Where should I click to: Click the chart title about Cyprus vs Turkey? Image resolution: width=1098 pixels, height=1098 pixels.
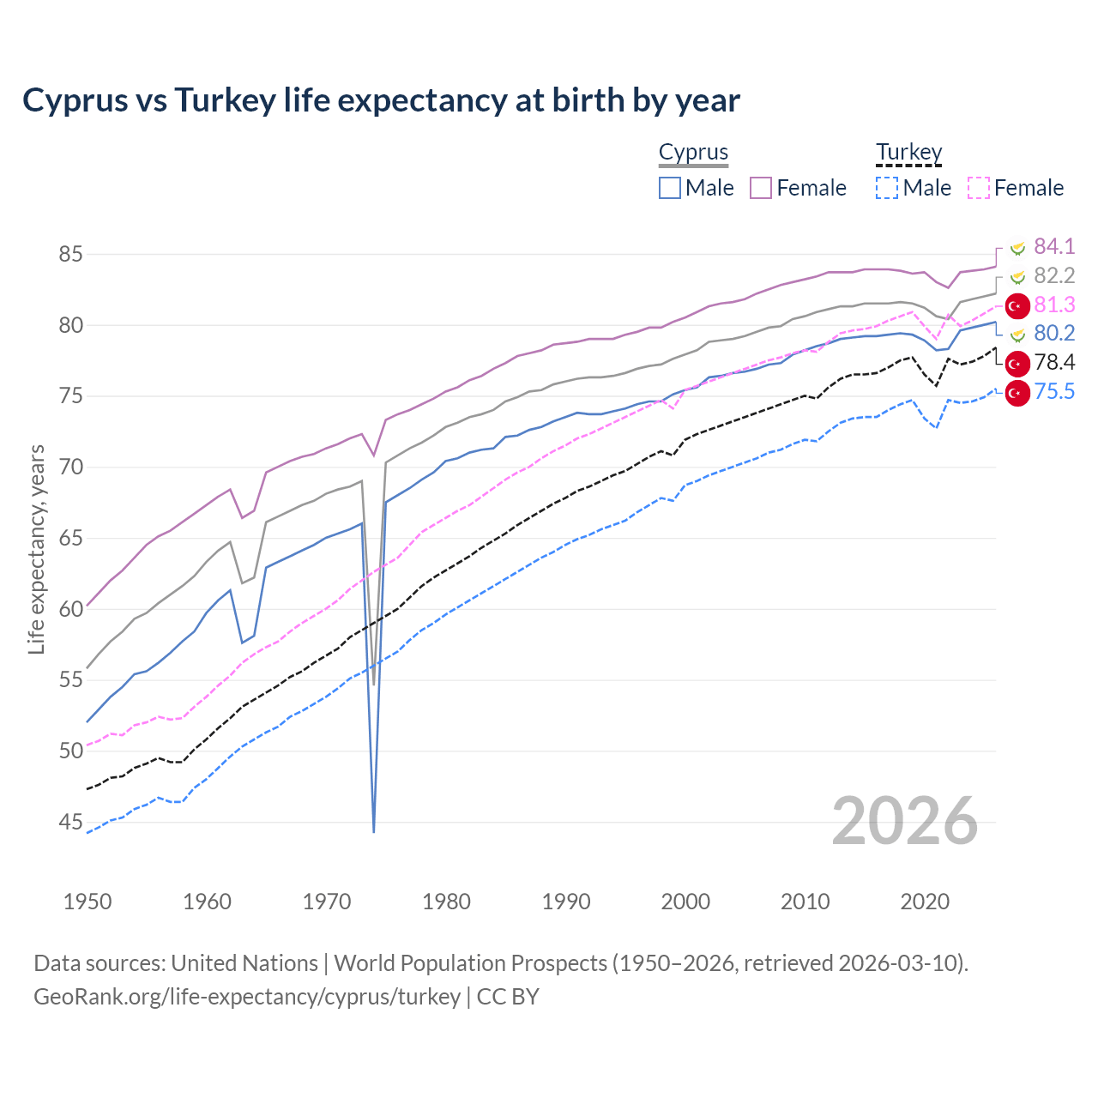pyautogui.click(x=381, y=100)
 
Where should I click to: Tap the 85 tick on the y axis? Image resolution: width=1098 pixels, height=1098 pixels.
pyautogui.click(x=70, y=255)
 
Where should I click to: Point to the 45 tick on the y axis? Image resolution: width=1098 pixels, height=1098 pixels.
pyautogui.click(x=70, y=823)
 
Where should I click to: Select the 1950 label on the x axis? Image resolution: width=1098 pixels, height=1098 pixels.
pyautogui.click(x=87, y=902)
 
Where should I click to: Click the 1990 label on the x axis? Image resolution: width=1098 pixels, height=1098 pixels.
pyautogui.click(x=566, y=902)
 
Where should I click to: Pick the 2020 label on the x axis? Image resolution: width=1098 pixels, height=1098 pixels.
pyautogui.click(x=925, y=902)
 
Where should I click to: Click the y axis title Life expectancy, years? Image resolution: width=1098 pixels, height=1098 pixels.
pyautogui.click(x=36, y=549)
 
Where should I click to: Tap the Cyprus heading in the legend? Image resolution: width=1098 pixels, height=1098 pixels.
pyautogui.click(x=693, y=153)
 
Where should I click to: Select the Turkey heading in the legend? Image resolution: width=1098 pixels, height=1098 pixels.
pyautogui.click(x=908, y=153)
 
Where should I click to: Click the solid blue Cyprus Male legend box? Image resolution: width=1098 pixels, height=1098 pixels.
pyautogui.click(x=670, y=188)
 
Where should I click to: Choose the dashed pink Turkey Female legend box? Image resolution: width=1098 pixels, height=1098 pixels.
pyautogui.click(x=979, y=188)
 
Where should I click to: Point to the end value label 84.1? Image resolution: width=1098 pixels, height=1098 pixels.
pyautogui.click(x=1054, y=247)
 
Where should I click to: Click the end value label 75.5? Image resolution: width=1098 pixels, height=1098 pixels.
pyautogui.click(x=1054, y=392)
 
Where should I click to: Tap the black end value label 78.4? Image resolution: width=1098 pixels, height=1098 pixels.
pyautogui.click(x=1054, y=363)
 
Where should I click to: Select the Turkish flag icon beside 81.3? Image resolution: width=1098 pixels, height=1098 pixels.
pyautogui.click(x=1017, y=305)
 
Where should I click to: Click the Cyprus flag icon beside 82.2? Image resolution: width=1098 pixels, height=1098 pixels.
pyautogui.click(x=1017, y=276)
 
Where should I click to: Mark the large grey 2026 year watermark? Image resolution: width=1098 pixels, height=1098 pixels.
pyautogui.click(x=905, y=822)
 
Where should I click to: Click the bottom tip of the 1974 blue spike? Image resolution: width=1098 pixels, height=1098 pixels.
pyautogui.click(x=374, y=831)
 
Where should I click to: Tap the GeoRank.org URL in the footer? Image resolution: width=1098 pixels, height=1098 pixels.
pyautogui.click(x=247, y=997)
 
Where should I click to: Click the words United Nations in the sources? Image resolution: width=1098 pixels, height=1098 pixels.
pyautogui.click(x=244, y=963)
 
